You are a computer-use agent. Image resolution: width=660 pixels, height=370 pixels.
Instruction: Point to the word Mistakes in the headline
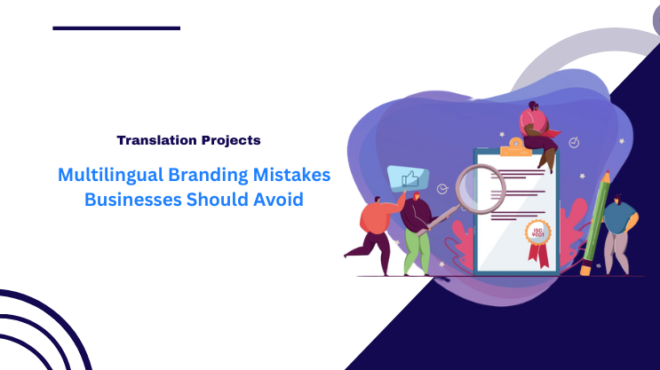tap(291, 175)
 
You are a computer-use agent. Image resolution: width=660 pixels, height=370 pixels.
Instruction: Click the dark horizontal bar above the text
tap(116, 28)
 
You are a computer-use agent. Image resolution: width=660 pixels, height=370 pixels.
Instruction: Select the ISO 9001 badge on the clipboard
tap(537, 233)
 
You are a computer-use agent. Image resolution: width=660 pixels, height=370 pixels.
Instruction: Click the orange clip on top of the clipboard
tap(522, 150)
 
